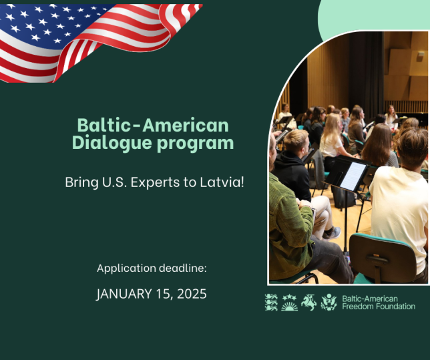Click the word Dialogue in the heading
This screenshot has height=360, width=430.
click(112, 143)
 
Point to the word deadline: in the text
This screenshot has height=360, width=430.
click(183, 268)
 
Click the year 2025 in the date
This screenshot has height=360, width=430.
click(192, 294)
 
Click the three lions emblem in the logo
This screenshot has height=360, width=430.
click(271, 303)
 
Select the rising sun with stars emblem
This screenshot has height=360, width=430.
click(289, 303)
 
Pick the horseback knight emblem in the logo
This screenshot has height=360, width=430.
click(308, 302)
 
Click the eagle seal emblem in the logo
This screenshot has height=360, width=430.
click(329, 302)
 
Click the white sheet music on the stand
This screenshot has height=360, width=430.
click(353, 176)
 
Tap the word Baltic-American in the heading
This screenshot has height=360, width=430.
click(153, 125)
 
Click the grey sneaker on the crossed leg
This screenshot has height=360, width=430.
click(333, 232)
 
